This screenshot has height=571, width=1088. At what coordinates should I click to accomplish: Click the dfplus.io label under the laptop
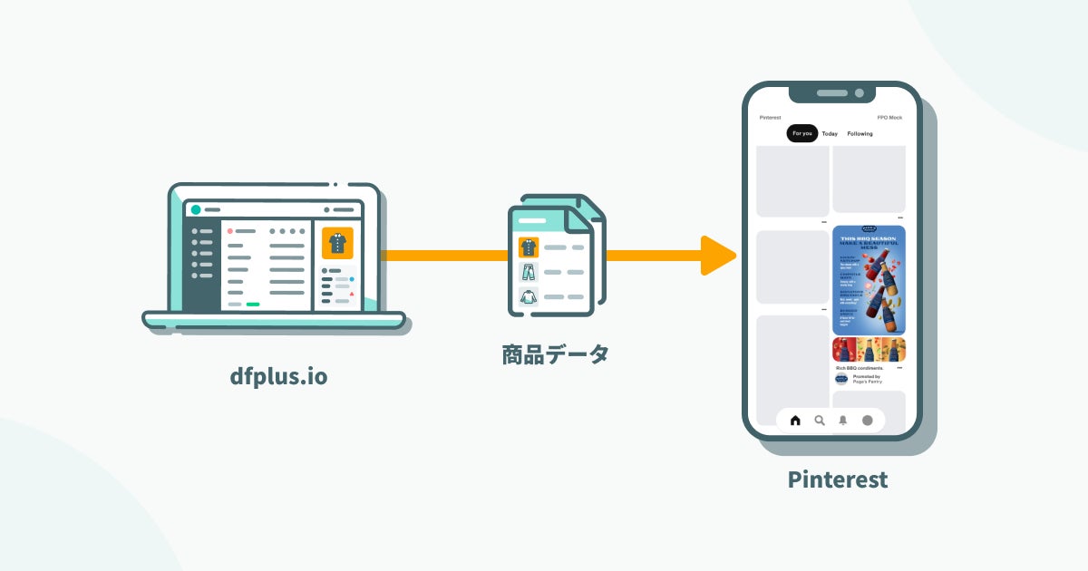(x=278, y=375)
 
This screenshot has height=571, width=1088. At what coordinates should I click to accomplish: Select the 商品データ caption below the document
(x=555, y=354)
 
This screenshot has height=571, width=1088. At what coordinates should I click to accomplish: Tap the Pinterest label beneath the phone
(x=837, y=479)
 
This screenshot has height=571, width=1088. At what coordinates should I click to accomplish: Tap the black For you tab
(x=801, y=133)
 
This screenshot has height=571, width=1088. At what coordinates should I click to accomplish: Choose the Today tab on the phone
(x=830, y=134)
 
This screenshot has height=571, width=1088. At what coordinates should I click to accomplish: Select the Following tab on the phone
(x=860, y=134)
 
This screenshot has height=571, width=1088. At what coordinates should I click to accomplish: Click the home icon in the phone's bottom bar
(x=795, y=421)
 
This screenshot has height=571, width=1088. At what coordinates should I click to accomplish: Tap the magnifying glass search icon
(x=820, y=421)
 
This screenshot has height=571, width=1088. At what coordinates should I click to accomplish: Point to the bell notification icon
(x=843, y=421)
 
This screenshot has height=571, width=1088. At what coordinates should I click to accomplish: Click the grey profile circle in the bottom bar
(x=867, y=421)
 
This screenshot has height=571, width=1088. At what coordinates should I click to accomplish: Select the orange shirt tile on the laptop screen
(x=337, y=243)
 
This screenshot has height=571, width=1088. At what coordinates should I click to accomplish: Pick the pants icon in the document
(x=529, y=272)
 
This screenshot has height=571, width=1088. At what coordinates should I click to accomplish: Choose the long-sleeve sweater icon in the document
(x=529, y=296)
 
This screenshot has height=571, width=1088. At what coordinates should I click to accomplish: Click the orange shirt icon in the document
(x=529, y=247)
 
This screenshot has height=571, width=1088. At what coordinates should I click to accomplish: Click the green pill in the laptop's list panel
(x=253, y=305)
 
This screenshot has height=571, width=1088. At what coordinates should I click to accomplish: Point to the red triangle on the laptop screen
(x=351, y=294)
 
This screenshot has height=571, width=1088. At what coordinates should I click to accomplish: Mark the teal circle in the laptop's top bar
(x=196, y=209)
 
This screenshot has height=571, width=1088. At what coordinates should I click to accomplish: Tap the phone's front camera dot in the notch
(x=859, y=93)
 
